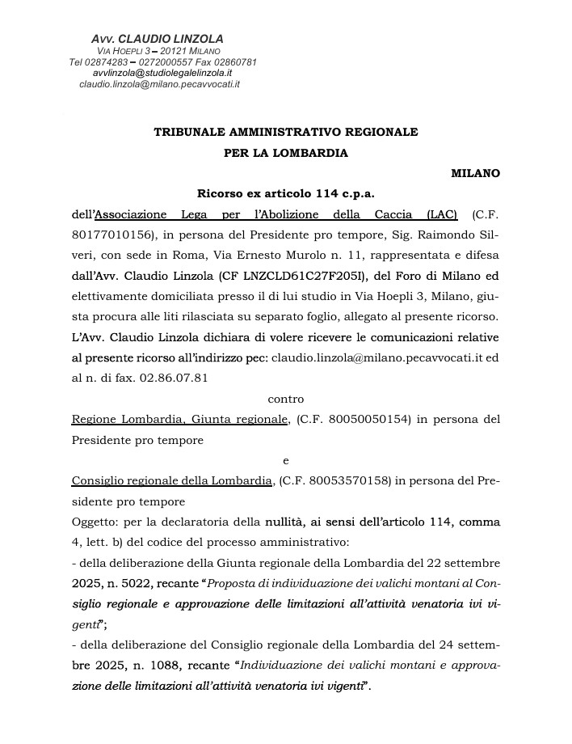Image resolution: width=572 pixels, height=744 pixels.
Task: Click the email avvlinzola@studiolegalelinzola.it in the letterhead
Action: [x=162, y=73]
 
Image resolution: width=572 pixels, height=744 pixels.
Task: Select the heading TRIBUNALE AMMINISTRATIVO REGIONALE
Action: [x=286, y=131]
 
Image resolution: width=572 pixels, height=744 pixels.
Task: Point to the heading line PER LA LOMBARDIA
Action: [x=286, y=152]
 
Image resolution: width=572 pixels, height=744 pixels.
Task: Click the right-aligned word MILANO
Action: [x=475, y=173]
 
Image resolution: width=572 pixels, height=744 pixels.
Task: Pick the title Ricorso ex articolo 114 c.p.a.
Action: [x=286, y=194]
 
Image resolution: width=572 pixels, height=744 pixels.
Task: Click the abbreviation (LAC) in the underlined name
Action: [x=439, y=215]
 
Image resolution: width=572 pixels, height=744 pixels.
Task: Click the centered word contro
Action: [x=286, y=398]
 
